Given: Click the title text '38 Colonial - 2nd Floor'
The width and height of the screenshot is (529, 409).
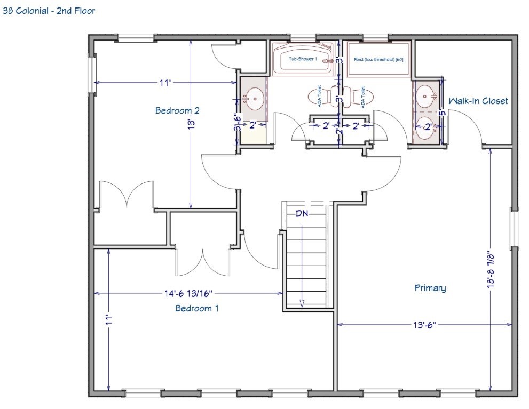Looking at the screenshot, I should [x=49, y=10].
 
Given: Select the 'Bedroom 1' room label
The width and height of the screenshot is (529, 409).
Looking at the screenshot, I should [x=196, y=308].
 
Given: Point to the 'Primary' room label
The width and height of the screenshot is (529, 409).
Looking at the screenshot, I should [x=430, y=288].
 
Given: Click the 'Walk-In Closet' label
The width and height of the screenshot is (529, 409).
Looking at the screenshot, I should [x=478, y=101].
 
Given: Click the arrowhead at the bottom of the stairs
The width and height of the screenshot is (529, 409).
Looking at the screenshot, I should [x=302, y=303].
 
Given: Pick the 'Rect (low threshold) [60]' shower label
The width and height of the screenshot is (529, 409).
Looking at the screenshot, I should [x=378, y=59].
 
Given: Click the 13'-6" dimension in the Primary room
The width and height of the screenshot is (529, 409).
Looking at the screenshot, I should [x=424, y=324].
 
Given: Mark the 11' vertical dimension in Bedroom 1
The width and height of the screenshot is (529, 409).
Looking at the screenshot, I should [x=109, y=320].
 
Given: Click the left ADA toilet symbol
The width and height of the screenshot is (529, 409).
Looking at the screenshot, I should [x=320, y=96].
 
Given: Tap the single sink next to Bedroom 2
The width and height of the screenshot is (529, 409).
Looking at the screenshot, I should [x=254, y=98].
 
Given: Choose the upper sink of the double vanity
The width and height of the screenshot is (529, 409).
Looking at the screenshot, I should [x=426, y=97].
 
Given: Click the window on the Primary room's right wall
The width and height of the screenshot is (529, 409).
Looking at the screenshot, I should [x=514, y=228].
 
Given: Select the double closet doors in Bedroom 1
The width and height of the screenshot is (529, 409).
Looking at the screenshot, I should [x=202, y=260].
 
